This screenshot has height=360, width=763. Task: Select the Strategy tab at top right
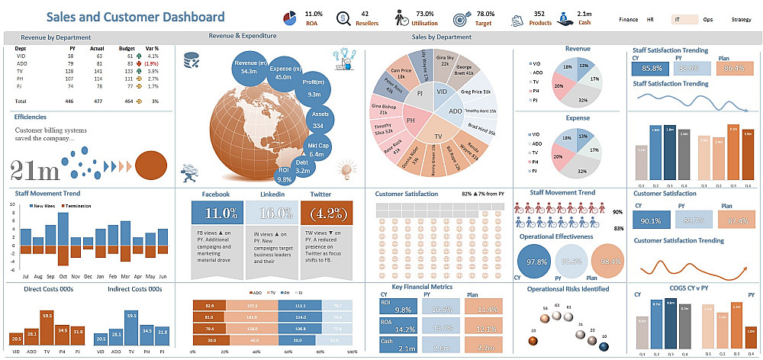click(740, 19)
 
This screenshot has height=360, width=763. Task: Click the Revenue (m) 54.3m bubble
click(248, 66)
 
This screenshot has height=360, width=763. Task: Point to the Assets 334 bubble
click(319, 120)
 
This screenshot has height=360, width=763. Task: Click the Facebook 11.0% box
click(216, 213)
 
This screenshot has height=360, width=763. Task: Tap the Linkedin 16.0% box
click(272, 213)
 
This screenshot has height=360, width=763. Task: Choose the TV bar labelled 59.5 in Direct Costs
click(47, 326)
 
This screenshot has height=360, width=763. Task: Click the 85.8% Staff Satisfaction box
click(652, 69)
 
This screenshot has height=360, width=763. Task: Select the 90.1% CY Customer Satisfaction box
click(652, 221)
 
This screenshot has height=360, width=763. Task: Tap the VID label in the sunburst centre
click(443, 91)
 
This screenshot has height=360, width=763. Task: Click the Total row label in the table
click(21, 101)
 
